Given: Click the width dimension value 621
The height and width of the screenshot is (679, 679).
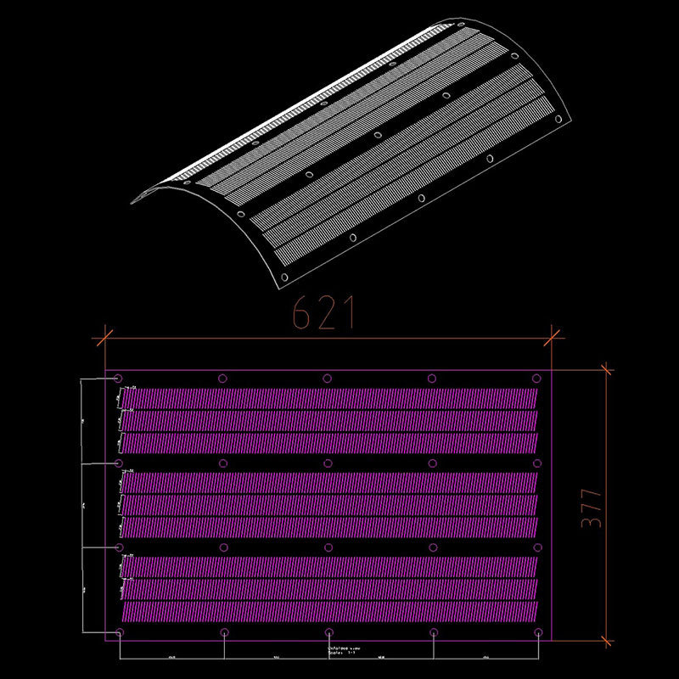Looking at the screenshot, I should (x=323, y=314).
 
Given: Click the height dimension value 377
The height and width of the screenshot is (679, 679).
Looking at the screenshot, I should (x=592, y=508).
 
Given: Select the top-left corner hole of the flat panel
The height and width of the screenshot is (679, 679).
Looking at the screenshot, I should (x=118, y=379).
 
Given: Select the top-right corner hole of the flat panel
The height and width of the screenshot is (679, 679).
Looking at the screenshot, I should (x=536, y=379).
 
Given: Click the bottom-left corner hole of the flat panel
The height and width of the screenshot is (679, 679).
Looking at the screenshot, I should (x=119, y=632).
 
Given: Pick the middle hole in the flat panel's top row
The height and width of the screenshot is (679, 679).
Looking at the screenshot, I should (x=327, y=379).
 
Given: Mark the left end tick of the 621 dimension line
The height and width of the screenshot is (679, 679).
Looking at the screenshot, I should (x=104, y=338).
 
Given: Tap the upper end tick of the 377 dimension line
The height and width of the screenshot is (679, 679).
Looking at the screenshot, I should (x=605, y=370).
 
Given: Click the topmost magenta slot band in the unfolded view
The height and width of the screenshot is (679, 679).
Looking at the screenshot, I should (x=329, y=397).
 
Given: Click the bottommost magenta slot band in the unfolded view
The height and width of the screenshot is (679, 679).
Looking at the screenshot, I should (x=329, y=611).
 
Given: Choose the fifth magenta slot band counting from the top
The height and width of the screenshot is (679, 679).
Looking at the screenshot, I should (x=329, y=505).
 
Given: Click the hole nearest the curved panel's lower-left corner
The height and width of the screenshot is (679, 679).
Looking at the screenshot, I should (x=284, y=278).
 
